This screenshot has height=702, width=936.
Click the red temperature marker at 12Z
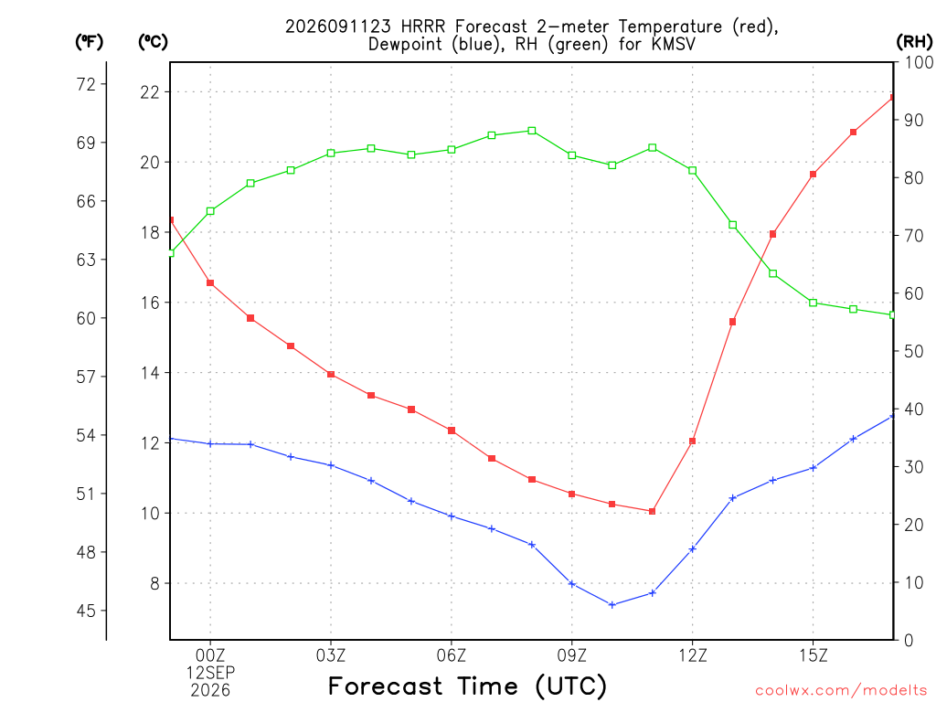(x=693, y=441)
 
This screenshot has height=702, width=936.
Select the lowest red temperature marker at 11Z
(x=652, y=511)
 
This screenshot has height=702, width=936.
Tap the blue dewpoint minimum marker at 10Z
(x=612, y=605)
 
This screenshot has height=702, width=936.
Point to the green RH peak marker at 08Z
(x=532, y=131)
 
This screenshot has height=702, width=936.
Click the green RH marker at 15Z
(x=813, y=303)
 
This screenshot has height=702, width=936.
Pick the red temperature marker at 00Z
(x=210, y=283)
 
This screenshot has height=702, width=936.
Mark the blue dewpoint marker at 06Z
(x=452, y=516)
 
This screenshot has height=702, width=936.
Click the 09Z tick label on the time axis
(x=572, y=655)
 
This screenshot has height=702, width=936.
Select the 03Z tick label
(x=331, y=655)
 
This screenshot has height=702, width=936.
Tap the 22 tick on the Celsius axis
(x=151, y=92)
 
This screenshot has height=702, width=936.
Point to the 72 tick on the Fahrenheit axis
(x=86, y=84)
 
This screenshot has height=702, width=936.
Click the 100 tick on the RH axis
(x=920, y=62)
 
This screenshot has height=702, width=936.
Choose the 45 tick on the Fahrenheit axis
(x=86, y=611)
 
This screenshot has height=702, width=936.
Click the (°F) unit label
(x=89, y=42)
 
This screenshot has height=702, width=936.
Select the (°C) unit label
(x=153, y=42)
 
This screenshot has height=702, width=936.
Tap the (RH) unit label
(x=914, y=42)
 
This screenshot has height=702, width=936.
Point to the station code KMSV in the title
(x=674, y=44)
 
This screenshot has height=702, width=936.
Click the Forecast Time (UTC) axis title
(x=467, y=686)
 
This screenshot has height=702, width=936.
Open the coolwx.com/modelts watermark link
(x=841, y=691)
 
